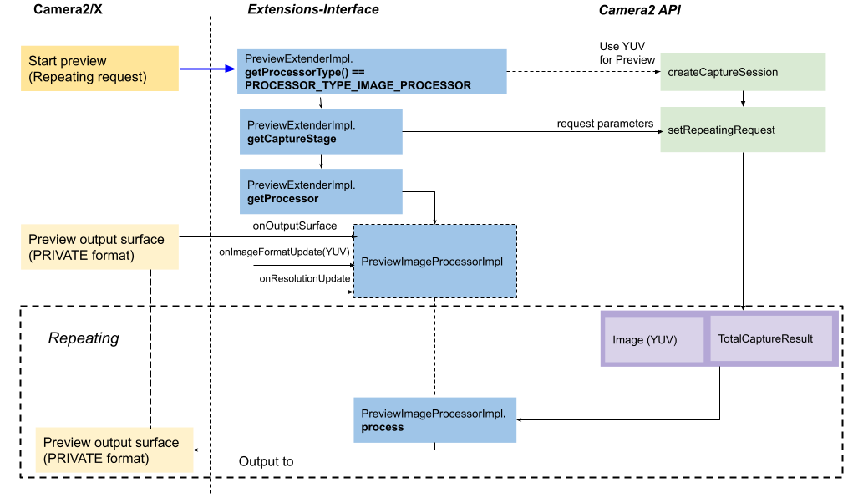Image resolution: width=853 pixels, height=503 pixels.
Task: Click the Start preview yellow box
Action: pos(99,69)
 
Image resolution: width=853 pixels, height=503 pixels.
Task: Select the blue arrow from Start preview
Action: pos(208,69)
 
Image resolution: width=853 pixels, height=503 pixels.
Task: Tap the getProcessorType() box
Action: pos(372,71)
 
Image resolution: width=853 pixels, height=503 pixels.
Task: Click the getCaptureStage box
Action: pos(321,131)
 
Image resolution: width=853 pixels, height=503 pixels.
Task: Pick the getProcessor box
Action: pos(321,191)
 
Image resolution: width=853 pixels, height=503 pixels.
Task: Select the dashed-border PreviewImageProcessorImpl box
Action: pos(434,261)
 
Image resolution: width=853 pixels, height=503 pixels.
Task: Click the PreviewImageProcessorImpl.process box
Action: pos(434,419)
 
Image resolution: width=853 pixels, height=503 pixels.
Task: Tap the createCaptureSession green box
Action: pos(743,72)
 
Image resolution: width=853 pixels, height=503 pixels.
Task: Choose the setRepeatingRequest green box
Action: pos(743,130)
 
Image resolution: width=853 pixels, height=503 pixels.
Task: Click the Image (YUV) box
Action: pos(653,339)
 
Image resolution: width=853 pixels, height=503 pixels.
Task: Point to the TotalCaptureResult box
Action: pos(771,338)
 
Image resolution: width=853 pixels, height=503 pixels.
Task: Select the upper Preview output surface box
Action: pos(99,246)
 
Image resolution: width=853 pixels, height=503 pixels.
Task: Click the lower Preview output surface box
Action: pos(114,450)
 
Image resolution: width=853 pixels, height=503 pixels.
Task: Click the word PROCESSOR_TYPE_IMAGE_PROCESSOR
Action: pos(358,85)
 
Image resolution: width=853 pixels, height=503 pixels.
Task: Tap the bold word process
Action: pos(383,427)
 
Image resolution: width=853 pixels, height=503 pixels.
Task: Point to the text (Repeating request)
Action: pos(88,77)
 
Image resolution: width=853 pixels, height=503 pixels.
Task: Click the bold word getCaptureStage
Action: pos(292,139)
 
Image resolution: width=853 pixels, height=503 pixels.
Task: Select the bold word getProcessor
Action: pos(283,199)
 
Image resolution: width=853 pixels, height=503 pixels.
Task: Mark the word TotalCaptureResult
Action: pos(765,338)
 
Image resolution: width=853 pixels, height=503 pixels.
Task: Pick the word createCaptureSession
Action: pos(723,72)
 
